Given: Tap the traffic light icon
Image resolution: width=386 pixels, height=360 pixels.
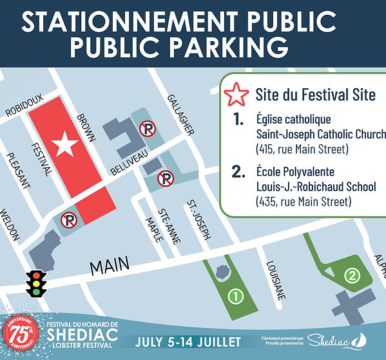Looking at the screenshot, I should tap(37, 283).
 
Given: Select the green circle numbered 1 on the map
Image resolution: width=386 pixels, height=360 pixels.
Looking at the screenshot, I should tap(236, 296).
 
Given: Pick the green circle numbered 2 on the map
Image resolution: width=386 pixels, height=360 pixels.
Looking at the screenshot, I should tap(351, 276).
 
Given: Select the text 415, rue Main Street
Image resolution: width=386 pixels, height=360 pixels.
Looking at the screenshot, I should tap(293, 151).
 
